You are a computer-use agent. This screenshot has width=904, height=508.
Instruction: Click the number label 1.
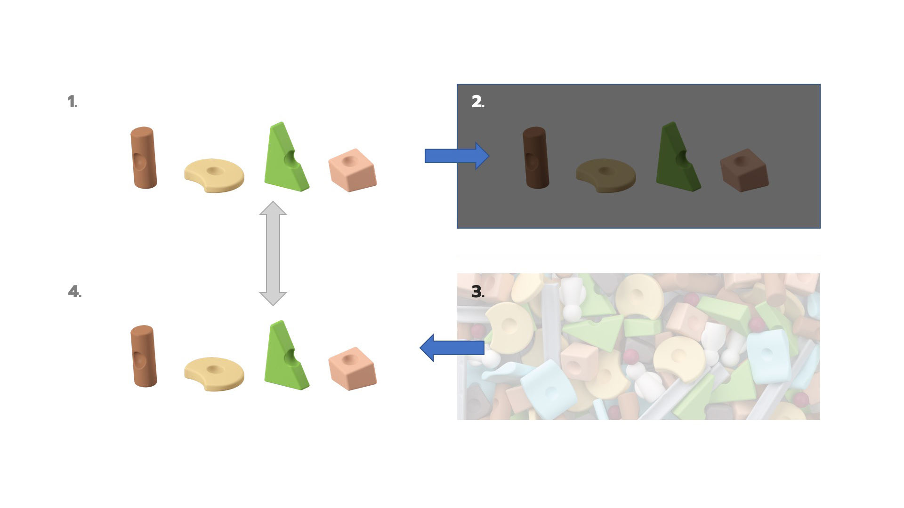click(x=72, y=102)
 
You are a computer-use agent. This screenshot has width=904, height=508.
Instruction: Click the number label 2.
click(x=478, y=102)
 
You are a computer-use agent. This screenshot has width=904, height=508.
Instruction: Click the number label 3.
click(x=478, y=292)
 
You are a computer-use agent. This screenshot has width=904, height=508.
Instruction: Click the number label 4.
click(x=74, y=292)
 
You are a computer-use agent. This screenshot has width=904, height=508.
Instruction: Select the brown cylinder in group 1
click(x=143, y=158)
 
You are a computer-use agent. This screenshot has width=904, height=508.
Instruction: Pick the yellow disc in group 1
click(x=214, y=175)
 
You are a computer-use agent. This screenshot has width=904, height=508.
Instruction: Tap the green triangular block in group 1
click(x=285, y=158)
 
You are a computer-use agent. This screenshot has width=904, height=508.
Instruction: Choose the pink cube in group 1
click(x=353, y=170)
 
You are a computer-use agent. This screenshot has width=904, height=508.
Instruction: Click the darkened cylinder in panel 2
click(x=536, y=158)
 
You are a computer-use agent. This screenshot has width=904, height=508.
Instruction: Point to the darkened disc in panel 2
click(x=606, y=175)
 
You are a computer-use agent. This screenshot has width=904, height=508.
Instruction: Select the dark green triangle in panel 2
click(x=678, y=158)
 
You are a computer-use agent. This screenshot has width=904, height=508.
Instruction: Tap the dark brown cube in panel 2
click(x=744, y=170)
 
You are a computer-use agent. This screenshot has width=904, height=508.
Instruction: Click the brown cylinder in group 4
click(x=143, y=356)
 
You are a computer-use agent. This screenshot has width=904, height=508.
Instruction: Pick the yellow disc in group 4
click(x=214, y=373)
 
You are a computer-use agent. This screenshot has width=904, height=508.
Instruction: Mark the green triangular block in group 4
click(x=285, y=356)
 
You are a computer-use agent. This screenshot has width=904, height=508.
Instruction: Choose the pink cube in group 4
click(x=353, y=369)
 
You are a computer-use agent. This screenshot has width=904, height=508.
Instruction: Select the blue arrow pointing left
click(x=452, y=348)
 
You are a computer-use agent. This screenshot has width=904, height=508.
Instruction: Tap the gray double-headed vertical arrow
click(x=273, y=254)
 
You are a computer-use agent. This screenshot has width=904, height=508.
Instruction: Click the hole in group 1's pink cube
click(x=348, y=161)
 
